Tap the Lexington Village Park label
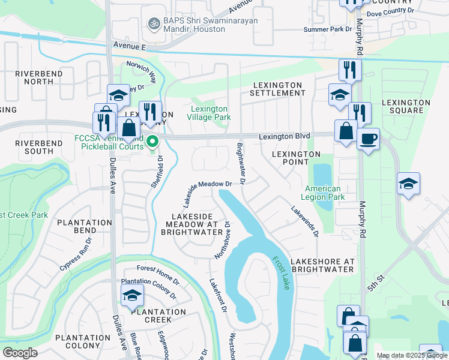(211, 113)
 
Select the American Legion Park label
(323, 193)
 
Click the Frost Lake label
(281, 274)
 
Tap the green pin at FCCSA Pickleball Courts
(152, 142)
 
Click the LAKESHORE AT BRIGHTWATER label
(322, 265)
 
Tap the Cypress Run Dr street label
(75, 254)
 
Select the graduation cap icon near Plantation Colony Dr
(132, 296)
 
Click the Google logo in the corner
(19, 353)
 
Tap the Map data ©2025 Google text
(411, 355)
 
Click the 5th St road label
(379, 282)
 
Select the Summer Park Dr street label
(327, 29)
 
